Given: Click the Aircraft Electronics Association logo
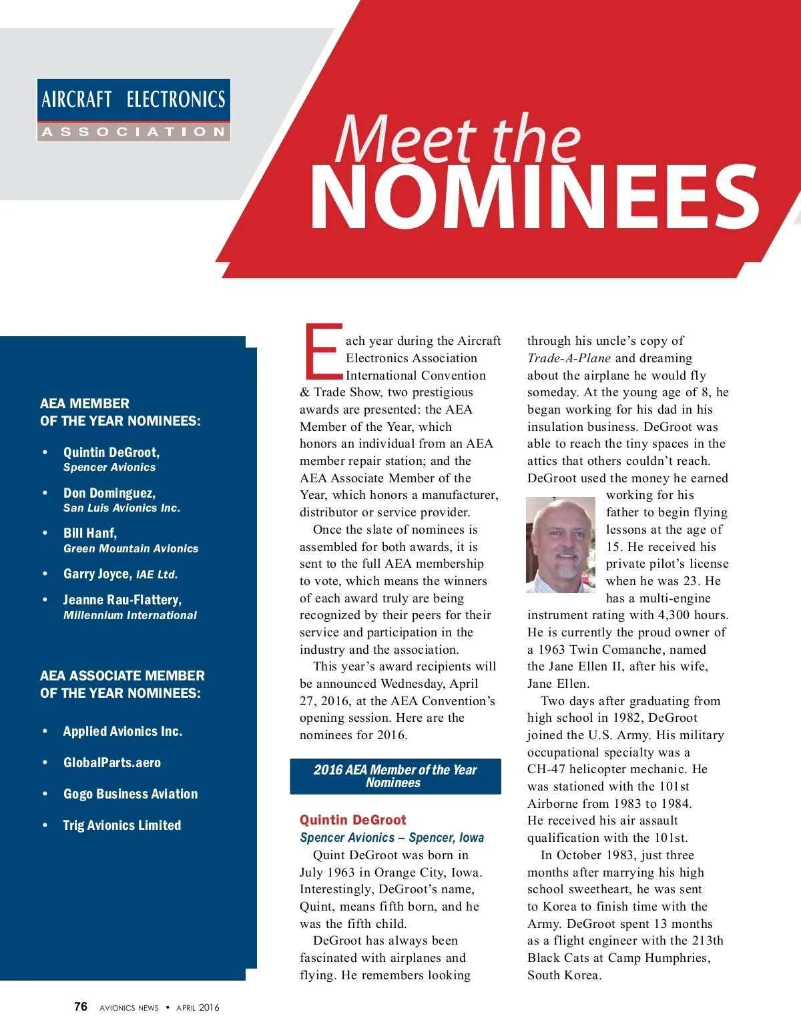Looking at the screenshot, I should [x=133, y=110].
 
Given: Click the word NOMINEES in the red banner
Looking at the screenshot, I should [x=534, y=198].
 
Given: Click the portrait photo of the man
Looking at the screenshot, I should [x=561, y=545].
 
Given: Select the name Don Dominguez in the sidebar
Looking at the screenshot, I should [x=109, y=493].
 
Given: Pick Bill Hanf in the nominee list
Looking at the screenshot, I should [x=90, y=533].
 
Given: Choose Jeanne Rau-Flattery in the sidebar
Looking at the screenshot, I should [x=122, y=600].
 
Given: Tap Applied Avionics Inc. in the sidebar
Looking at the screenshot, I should [x=123, y=731].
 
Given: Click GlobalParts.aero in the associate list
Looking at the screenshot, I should [x=112, y=762].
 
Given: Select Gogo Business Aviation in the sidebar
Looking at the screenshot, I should [x=131, y=794].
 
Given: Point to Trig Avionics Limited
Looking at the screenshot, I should [x=122, y=825].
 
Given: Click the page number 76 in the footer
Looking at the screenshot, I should [x=81, y=1007].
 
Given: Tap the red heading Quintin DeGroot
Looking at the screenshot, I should [x=352, y=820].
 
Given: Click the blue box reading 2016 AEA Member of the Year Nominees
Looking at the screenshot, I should [x=395, y=776].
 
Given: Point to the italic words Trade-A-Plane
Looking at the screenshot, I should [x=569, y=358].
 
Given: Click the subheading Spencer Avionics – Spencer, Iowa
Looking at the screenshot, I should [x=392, y=838].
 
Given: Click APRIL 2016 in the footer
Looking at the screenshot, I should [x=198, y=1007].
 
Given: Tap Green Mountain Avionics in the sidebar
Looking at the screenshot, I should [x=131, y=548].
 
